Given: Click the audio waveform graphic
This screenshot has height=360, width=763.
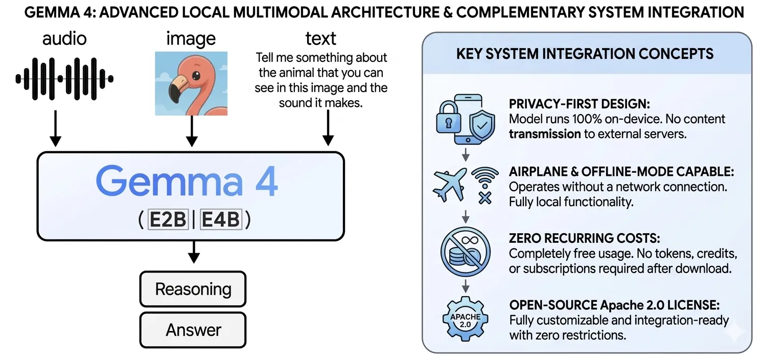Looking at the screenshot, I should tap(64, 78).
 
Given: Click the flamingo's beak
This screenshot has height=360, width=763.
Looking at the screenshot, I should tap(176, 86).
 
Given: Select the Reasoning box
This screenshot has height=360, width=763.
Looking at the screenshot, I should tap(193, 289).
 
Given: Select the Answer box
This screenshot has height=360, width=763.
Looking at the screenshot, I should tap(193, 330).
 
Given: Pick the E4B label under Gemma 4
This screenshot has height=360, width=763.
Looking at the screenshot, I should tap(220, 220).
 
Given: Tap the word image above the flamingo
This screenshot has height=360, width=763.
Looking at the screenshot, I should tap(191, 38).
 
